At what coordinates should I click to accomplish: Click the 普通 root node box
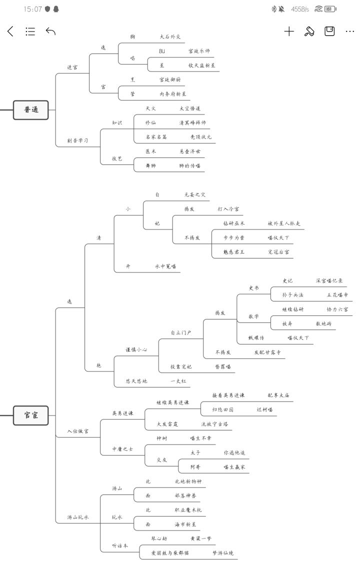[x=31, y=109]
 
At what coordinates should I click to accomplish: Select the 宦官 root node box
[x=31, y=415]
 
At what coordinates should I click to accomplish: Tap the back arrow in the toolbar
[x=10, y=31]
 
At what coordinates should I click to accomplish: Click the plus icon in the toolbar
[x=289, y=31]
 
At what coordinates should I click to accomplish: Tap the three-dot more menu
[x=349, y=31]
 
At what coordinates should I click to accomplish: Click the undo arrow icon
[x=50, y=31]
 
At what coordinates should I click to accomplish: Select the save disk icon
[x=329, y=31]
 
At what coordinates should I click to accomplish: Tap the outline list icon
[x=30, y=31]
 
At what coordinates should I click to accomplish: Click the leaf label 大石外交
[x=170, y=36]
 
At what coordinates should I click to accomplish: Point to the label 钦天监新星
[x=201, y=65]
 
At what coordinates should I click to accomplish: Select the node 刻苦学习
[x=77, y=140]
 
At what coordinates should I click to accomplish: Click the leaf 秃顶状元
[x=201, y=136]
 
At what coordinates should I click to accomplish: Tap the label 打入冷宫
[x=228, y=208]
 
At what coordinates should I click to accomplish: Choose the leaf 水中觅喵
[x=165, y=266]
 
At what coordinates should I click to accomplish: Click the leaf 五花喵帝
[x=337, y=295]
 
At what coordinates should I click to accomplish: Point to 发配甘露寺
[x=267, y=352]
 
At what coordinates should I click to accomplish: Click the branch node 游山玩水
[x=78, y=517]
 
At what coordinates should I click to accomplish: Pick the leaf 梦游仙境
[x=223, y=553]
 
